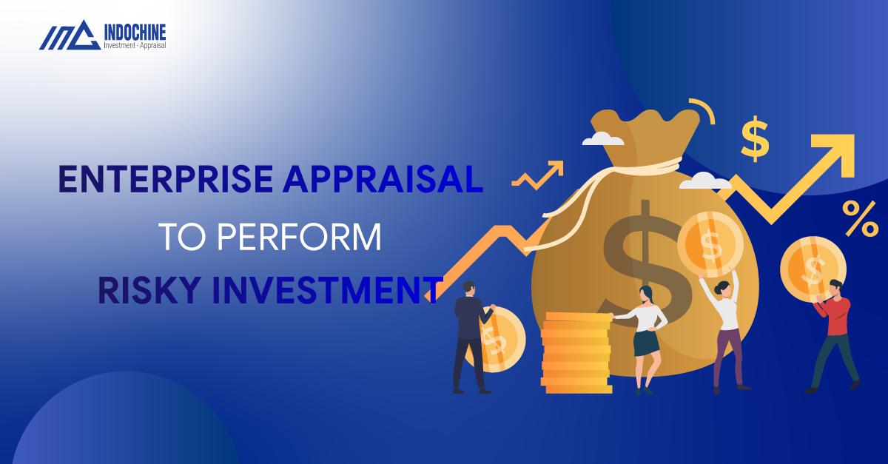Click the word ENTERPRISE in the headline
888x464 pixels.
(x=166, y=179)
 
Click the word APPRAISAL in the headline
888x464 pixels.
(x=383, y=179)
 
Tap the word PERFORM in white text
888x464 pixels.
(x=299, y=237)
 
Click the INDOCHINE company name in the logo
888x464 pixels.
(x=135, y=32)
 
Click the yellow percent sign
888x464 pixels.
(x=859, y=218)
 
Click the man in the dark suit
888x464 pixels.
(x=472, y=337)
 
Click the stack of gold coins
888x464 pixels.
(x=576, y=352)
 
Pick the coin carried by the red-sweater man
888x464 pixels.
(x=813, y=269)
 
